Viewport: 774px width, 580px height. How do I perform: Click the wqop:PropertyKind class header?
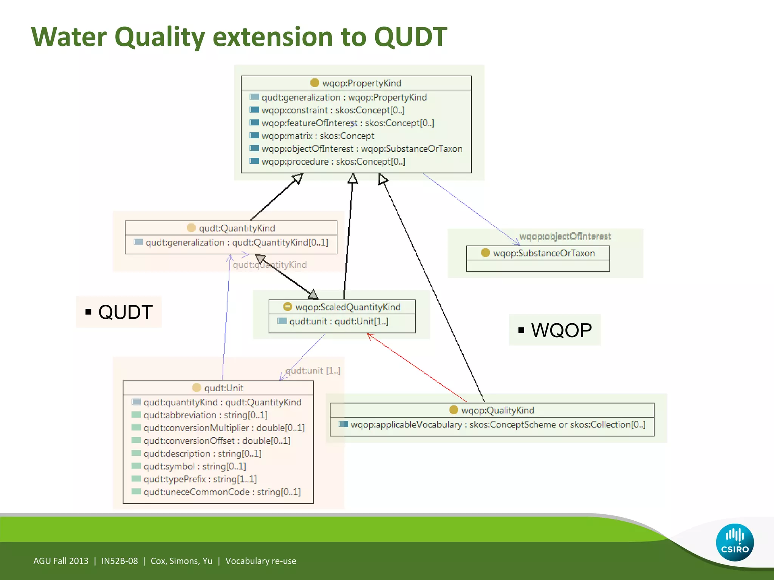coord(361,83)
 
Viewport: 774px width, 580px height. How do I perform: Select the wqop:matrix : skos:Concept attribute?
coord(317,136)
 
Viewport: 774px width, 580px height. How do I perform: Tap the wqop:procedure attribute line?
coord(333,162)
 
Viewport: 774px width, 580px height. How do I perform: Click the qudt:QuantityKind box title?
coord(237,228)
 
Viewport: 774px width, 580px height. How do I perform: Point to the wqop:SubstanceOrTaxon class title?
coord(543,253)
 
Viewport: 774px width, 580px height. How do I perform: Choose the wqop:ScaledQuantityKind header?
coord(347,307)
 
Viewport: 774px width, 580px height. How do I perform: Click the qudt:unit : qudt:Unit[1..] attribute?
coord(338,321)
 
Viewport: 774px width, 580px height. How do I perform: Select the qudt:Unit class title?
coord(223,388)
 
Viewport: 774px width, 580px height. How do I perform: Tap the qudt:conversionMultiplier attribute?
coord(224,428)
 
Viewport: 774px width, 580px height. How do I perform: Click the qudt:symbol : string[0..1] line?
coord(194,466)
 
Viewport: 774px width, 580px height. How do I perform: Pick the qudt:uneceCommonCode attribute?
coord(222,492)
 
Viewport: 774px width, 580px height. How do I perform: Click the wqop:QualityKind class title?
coord(497,410)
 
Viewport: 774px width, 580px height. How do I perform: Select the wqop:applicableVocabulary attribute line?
coord(497,424)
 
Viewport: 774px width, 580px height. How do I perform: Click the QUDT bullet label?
coord(125,312)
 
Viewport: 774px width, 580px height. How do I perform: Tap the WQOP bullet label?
coord(561,330)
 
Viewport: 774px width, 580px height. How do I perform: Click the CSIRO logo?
coord(734,542)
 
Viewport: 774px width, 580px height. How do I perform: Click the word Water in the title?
coord(69,37)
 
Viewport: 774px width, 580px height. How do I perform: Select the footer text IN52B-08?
coord(119,561)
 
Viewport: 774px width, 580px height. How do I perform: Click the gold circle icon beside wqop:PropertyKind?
coord(314,83)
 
